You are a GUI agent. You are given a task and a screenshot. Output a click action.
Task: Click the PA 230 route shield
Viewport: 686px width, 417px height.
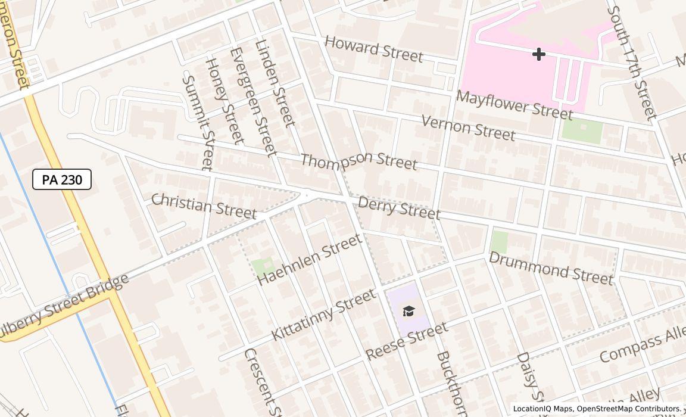[62, 179]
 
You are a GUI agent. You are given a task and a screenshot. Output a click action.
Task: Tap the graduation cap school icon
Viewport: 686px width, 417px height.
[409, 312]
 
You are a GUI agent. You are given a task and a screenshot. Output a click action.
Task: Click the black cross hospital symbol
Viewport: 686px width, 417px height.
[538, 54]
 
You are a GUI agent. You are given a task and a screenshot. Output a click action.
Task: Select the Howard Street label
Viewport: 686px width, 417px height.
[374, 49]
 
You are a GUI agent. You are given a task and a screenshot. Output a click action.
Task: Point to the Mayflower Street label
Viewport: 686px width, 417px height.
[514, 105]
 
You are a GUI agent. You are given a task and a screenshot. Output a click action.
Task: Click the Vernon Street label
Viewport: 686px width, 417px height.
[468, 127]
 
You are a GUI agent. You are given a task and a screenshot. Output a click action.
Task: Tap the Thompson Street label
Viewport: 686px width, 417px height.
[358, 160]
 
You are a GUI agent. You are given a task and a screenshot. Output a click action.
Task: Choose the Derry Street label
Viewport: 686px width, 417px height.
[399, 208]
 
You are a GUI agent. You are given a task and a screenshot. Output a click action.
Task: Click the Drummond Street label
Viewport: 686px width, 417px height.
[551, 268]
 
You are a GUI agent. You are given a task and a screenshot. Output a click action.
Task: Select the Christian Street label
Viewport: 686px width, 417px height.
[204, 206]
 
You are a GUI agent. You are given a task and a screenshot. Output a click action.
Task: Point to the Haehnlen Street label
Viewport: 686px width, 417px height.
[310, 259]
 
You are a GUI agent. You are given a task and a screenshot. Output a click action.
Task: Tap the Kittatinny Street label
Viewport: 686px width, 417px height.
[323, 315]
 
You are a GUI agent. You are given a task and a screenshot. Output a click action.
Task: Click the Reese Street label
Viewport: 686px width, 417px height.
[406, 341]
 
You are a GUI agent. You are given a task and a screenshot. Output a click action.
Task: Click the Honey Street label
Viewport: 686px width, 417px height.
[224, 101]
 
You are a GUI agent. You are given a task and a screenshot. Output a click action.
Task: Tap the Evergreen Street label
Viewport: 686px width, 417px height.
[254, 101]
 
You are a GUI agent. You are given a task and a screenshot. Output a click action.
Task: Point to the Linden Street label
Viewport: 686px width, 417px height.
[275, 82]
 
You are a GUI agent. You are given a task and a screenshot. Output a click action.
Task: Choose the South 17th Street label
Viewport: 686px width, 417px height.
[632, 62]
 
